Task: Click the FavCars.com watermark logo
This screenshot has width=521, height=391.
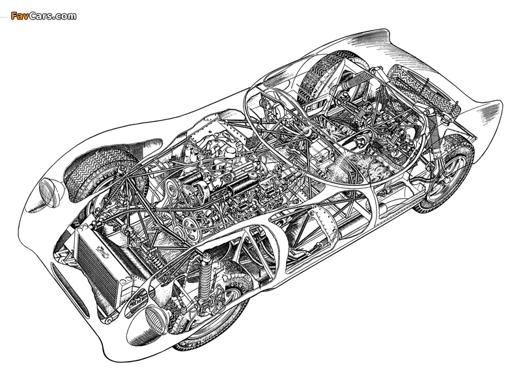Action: coord(44,16)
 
